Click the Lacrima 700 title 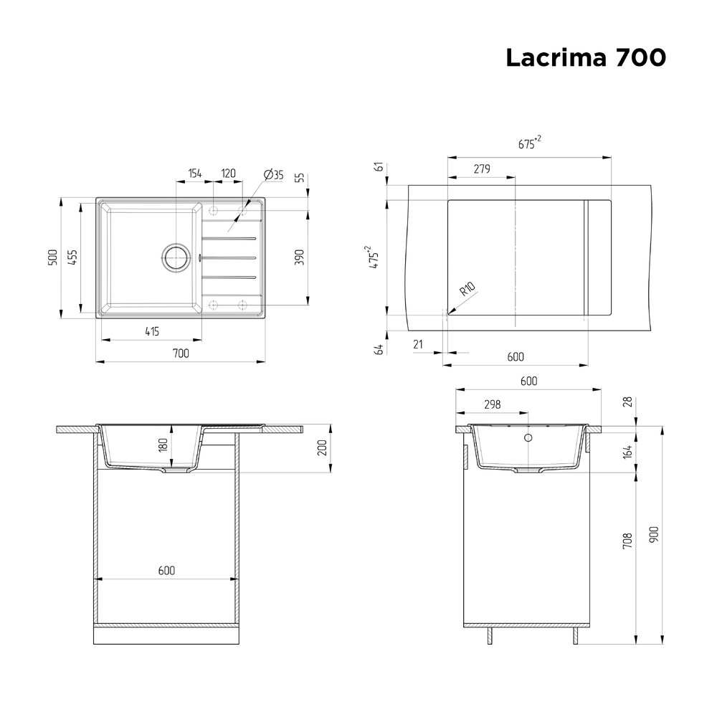586,58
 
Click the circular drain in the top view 175,257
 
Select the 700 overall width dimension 181,353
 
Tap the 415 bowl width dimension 152,331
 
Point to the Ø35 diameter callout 273,175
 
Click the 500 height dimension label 53,257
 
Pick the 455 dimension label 72,257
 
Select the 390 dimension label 299,258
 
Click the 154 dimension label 195,174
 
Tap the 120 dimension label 228,174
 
